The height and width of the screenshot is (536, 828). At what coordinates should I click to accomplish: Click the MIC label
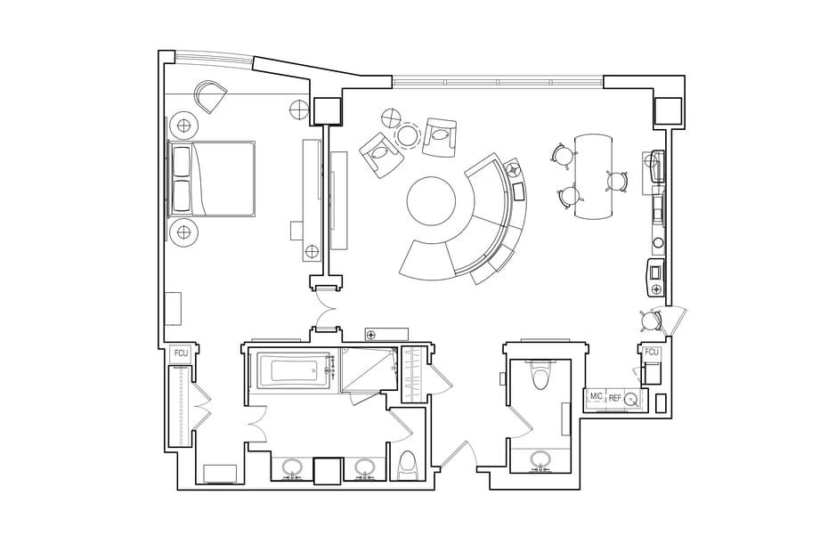pyautogui.click(x=597, y=395)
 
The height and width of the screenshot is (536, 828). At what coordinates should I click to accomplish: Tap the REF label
pyautogui.click(x=615, y=398)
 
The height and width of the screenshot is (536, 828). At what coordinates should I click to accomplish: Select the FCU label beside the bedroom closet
pyautogui.click(x=181, y=353)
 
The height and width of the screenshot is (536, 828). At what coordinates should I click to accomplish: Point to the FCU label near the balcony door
pyautogui.click(x=652, y=352)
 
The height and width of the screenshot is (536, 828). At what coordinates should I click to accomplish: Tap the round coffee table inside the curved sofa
pyautogui.click(x=431, y=200)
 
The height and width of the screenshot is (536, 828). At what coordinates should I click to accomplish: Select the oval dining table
pyautogui.click(x=594, y=176)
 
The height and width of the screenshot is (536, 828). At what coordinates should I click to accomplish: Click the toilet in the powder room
pyautogui.click(x=540, y=372)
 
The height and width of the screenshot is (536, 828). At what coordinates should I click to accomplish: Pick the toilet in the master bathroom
pyautogui.click(x=410, y=466)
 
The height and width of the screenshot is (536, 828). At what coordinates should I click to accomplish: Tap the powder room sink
pyautogui.click(x=540, y=460)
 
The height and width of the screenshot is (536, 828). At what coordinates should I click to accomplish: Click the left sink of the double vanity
pyautogui.click(x=292, y=467)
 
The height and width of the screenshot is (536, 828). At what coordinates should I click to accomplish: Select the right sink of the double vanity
pyautogui.click(x=363, y=467)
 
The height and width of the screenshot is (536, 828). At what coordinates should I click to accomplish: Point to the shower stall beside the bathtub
pyautogui.click(x=369, y=370)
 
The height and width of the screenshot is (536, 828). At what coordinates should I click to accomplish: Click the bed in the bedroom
pyautogui.click(x=211, y=178)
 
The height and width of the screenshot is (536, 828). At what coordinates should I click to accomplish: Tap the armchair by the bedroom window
pyautogui.click(x=210, y=96)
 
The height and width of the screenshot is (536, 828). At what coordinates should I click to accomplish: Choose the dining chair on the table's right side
pyautogui.click(x=617, y=181)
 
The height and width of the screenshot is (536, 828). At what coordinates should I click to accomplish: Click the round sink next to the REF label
pyautogui.click(x=631, y=399)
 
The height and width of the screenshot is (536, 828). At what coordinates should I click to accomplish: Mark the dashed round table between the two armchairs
pyautogui.click(x=408, y=134)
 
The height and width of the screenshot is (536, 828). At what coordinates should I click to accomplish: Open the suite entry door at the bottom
pyautogui.click(x=459, y=455)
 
